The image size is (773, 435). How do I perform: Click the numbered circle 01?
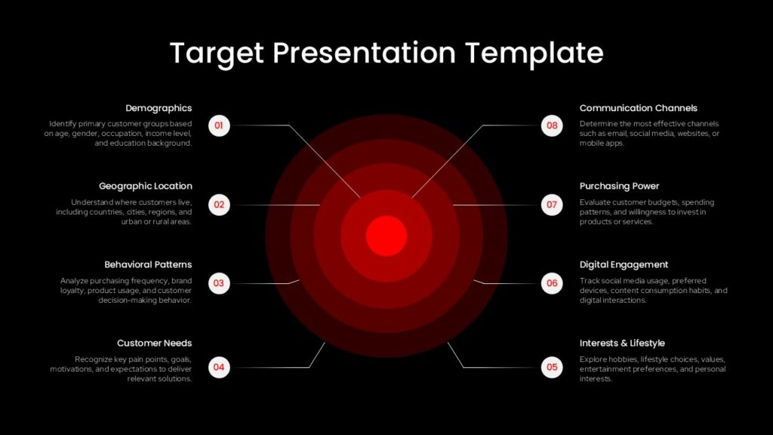219,125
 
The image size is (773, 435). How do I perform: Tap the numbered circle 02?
219,205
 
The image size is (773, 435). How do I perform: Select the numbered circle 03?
219,284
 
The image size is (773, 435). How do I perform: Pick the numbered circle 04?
219,368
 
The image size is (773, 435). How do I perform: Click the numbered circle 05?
552,368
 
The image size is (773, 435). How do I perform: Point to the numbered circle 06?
552,284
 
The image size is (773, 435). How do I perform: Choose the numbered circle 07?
552,205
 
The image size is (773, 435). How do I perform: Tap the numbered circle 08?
552,125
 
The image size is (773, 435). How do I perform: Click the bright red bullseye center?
386,236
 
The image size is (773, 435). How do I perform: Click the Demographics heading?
159,108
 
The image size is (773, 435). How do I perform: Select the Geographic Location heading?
146,186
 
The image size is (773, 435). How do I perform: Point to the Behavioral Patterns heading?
148,264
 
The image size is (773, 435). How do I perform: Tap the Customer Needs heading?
154,343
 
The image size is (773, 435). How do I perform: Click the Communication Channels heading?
639,108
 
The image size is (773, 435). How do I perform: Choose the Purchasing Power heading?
619,186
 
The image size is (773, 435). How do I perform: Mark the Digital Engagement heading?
624,264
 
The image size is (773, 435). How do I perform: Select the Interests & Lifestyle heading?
622,343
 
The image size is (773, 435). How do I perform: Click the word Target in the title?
217,54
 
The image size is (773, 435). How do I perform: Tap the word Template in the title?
534,54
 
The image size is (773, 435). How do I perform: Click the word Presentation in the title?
365,52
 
